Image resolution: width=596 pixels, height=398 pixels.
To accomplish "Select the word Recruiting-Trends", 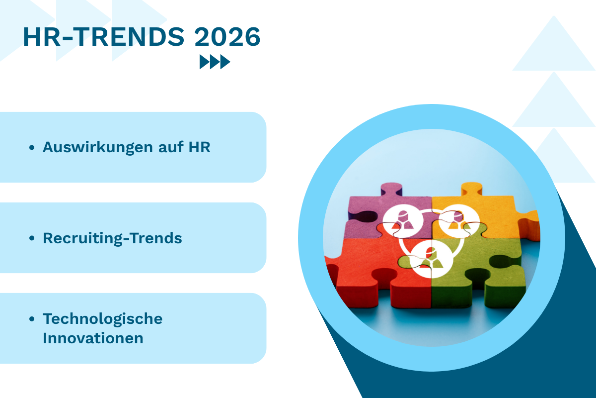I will tap(112, 238).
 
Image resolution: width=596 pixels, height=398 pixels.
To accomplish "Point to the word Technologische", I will tap(102, 318).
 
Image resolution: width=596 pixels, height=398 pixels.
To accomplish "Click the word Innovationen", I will tap(93, 338).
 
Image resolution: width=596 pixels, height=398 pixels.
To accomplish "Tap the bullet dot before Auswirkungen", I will tap(32, 148).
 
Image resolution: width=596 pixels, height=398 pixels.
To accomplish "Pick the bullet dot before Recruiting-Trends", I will tap(32, 239).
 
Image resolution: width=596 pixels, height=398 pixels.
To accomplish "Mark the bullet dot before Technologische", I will tap(32, 319).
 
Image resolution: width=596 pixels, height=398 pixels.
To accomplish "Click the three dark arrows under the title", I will tap(215, 62).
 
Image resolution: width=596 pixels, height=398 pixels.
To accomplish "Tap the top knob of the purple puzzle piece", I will tap(391, 190).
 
